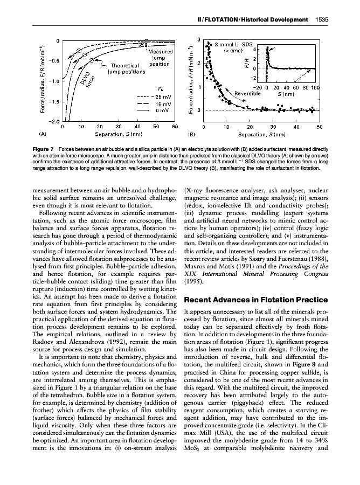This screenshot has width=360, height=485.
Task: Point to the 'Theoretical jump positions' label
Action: tap(126, 67)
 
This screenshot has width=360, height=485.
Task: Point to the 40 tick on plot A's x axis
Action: tap(137, 127)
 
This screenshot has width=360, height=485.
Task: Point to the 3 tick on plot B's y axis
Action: tap(199, 39)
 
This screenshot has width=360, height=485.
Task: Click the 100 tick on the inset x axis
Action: tap(315, 87)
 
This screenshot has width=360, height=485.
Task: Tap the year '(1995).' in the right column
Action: tap(194, 281)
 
